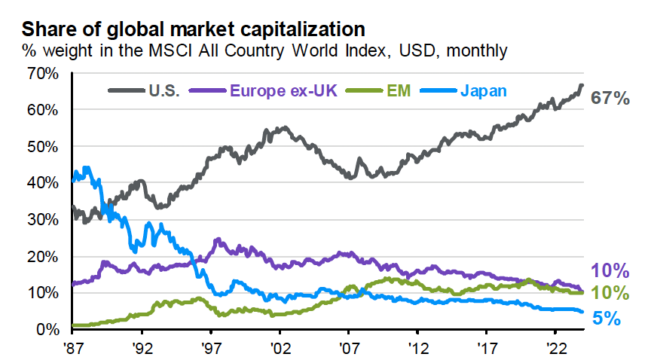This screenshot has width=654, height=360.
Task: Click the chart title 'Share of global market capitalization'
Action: click(194, 29)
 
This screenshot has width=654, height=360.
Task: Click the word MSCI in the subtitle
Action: click(223, 51)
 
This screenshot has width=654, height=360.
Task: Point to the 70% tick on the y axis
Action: click(42, 73)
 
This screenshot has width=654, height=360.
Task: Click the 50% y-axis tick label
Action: click(42, 146)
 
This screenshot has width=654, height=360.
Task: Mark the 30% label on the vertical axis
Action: click(42, 219)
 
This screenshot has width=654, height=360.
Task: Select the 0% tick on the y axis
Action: click(47, 329)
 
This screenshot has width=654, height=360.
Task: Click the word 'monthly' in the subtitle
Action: click(478, 51)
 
